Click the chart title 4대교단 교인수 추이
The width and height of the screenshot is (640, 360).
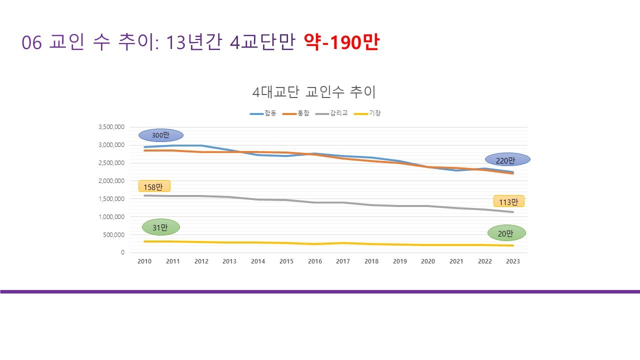point(314,92)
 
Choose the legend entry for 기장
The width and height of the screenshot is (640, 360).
point(367,113)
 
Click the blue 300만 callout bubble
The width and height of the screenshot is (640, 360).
point(161,135)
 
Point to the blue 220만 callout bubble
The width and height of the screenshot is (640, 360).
point(507,159)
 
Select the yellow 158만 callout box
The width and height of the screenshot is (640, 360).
point(154,186)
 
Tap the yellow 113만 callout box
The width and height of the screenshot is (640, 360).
point(508,201)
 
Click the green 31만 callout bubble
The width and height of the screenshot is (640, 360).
point(160,227)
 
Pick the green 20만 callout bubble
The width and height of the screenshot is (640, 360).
point(507,233)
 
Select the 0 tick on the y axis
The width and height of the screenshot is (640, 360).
point(122,252)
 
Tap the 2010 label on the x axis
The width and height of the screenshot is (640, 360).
point(144,261)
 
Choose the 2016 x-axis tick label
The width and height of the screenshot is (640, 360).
point(315,261)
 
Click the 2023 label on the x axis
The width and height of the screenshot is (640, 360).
point(513,261)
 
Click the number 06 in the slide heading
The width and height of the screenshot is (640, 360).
point(31,43)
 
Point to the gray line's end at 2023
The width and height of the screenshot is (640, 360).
point(513,212)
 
